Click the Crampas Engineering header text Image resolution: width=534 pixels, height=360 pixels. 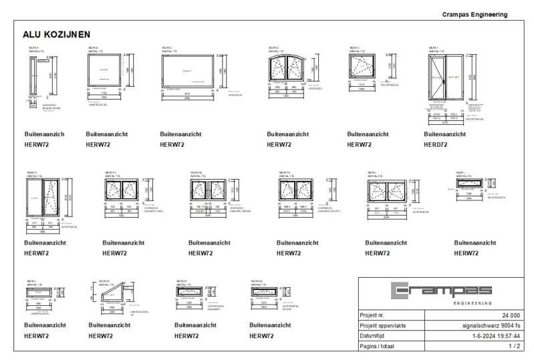pos(475,15)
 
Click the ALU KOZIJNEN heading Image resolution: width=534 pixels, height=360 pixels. pos(56,34)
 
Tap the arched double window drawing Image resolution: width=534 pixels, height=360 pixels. pos(289,68)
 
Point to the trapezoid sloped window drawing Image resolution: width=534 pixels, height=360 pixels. pos(111,293)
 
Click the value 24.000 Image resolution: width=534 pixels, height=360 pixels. pos(511,315)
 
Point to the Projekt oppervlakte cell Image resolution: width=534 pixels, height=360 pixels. pos(383,326)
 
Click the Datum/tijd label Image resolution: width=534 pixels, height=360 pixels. pos(374,336)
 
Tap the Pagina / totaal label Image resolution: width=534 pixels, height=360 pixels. pos(379,347)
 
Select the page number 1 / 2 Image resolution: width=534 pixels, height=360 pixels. pos(514,347)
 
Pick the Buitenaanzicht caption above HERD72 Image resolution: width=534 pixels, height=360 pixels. pos(444,134)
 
